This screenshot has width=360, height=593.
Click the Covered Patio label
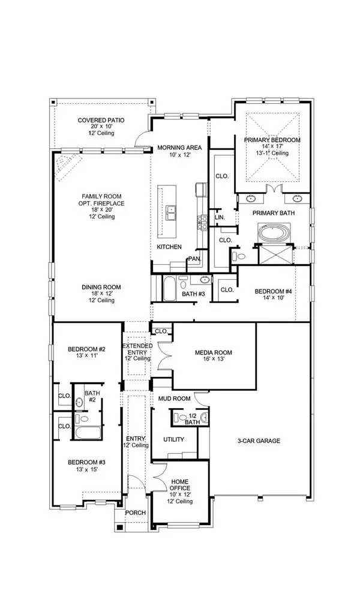[101, 120]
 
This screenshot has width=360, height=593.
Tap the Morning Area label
[179, 148]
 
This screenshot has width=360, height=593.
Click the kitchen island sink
[172, 212]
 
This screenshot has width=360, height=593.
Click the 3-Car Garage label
[259, 441]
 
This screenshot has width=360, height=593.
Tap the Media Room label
[213, 352]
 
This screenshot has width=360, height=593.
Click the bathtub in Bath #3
[169, 289]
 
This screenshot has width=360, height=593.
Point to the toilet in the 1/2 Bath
[180, 418]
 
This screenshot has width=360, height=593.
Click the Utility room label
[173, 439]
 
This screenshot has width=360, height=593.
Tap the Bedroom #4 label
[274, 291]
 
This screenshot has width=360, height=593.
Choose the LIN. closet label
[220, 217]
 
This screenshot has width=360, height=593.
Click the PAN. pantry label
[194, 259]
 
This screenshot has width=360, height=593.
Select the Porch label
[136, 513]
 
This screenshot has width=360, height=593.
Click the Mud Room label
[175, 399]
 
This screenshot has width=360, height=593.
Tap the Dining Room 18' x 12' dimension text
[101, 293]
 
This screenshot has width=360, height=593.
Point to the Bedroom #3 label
[86, 462]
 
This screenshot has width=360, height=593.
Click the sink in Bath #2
[79, 402]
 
